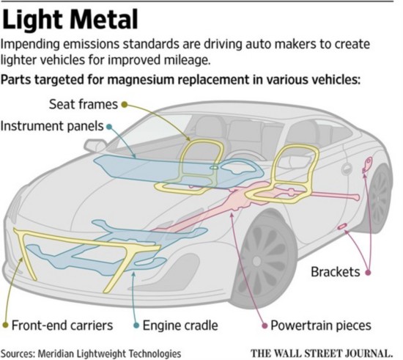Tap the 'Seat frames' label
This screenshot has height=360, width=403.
coord(84,104)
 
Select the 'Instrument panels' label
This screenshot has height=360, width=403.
coord(52,126)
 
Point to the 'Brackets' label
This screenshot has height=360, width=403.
coord(335,272)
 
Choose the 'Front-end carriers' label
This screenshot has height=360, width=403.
coord(62,326)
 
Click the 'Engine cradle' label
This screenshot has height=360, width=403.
coord(180,326)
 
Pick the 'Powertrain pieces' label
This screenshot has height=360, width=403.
coord(321,326)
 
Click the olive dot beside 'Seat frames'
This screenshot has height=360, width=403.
coord(125,104)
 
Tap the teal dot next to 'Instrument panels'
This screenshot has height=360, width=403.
coord(109,127)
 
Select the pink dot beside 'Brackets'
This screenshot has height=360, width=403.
coord(368,272)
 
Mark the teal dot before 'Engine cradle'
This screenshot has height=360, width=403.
coord(136,326)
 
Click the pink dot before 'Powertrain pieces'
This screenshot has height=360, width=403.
coord(265,326)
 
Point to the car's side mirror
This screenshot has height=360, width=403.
coord(95,146)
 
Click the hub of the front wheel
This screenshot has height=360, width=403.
coord(256,261)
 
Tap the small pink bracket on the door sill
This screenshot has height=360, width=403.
coord(342,227)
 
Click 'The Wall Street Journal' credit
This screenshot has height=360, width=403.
coord(322,353)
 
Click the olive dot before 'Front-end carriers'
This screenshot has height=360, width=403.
coord(5,326)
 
